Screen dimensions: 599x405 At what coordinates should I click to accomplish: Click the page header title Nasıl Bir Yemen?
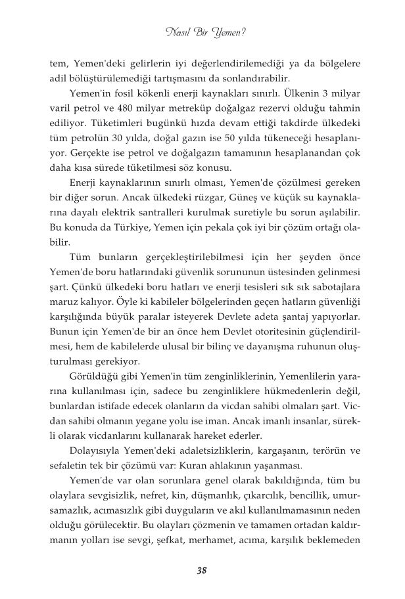coord(202,31)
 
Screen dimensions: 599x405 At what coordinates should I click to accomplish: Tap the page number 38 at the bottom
coord(202,570)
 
